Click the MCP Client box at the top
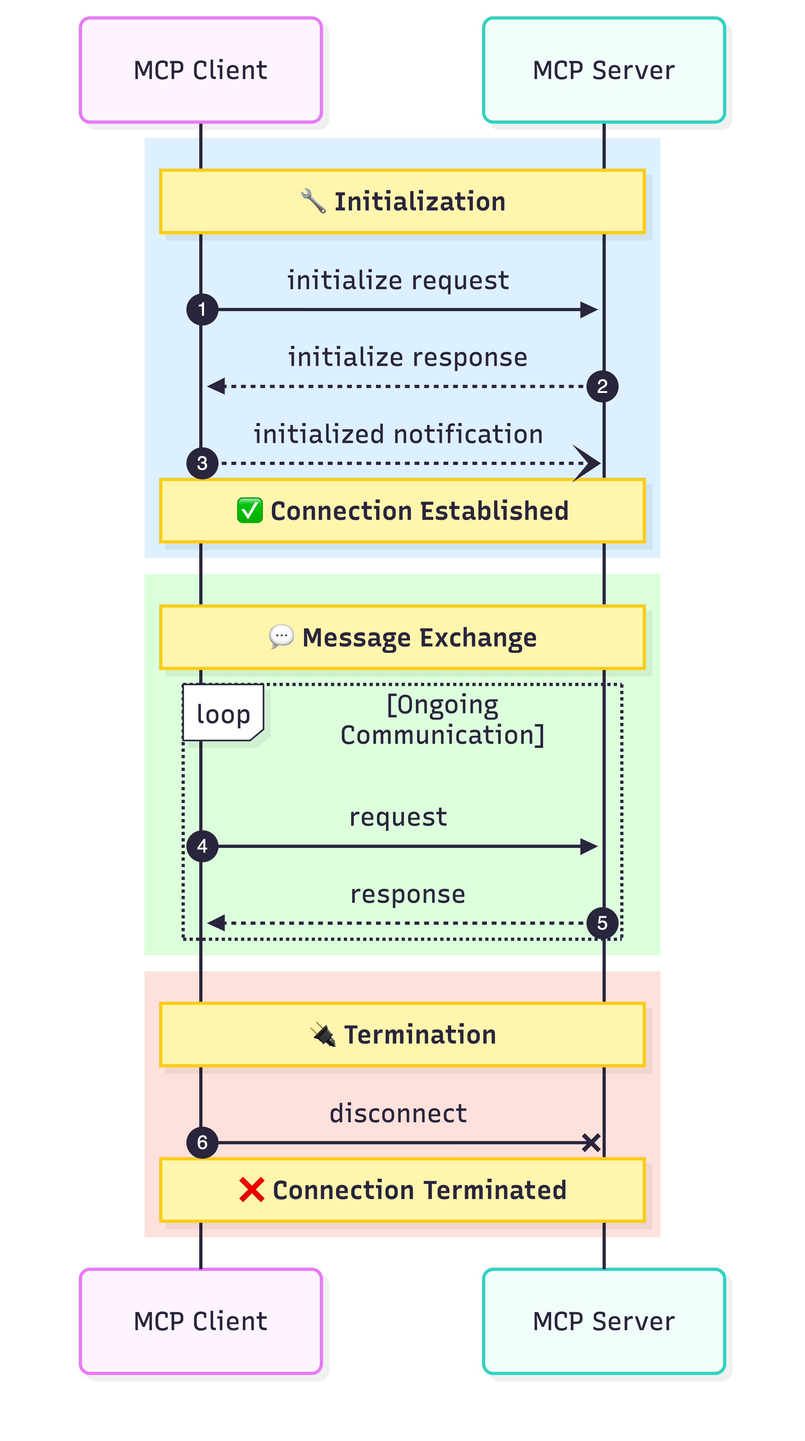[200, 70]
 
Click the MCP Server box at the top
[603, 70]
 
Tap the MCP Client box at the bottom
[200, 1321]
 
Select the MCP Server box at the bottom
[603, 1321]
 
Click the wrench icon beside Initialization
[313, 201]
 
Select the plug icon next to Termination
[323, 1034]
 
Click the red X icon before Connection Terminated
[252, 1189]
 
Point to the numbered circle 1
[202, 309]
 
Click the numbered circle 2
[602, 386]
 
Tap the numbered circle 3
[202, 463]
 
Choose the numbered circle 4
[202, 846]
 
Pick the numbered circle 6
[202, 1142]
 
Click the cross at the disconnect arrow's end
[591, 1142]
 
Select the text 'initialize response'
[407, 357]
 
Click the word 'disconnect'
[398, 1113]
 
